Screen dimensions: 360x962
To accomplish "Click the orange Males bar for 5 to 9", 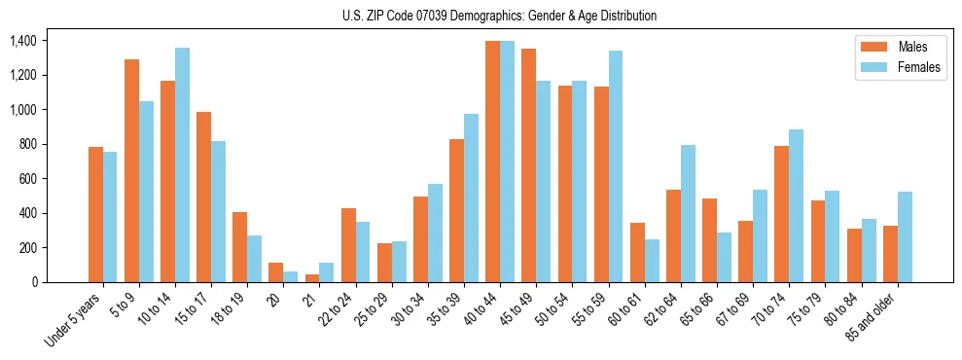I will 131,170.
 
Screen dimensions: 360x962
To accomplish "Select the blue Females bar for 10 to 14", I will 182,164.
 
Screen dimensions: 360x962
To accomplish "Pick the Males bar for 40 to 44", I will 492,162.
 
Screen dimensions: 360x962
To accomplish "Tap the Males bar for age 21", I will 312,278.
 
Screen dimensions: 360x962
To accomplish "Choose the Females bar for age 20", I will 290,276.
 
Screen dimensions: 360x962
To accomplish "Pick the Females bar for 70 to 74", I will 796,205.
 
